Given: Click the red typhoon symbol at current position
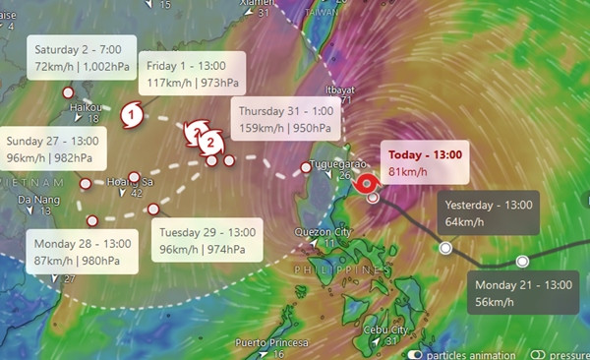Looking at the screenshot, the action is pos(368,182).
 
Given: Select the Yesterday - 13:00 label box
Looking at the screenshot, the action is pos(488,213).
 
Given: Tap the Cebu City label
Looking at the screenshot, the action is pos(385,330).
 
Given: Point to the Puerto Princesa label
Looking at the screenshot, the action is pos(271,342).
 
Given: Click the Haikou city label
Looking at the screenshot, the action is pos(88,107).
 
